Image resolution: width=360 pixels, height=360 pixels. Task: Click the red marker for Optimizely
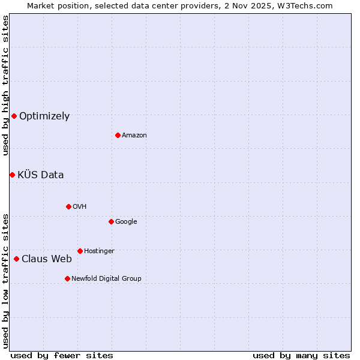(14, 116)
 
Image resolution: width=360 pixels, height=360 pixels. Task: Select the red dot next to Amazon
(118, 135)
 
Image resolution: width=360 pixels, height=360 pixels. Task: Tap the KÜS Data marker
(12, 175)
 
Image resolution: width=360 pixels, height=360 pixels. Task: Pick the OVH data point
(68, 206)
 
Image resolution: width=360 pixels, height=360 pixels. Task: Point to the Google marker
(111, 221)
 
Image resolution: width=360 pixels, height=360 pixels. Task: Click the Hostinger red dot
(80, 251)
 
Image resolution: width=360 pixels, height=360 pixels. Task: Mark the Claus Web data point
(16, 259)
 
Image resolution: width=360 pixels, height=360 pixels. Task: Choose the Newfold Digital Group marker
(67, 278)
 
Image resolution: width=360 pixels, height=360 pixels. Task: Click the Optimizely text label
(44, 116)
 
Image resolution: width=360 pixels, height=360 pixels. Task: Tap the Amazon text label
(134, 136)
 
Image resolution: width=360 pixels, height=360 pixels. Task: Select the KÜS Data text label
(40, 175)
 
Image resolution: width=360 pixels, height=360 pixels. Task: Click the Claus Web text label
(47, 259)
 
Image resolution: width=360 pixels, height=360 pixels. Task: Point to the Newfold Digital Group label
(106, 278)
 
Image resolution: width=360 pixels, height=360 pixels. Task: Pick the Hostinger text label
(99, 251)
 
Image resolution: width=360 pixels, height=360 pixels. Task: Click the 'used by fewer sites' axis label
(62, 355)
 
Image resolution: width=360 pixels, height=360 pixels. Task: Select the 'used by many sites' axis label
(301, 355)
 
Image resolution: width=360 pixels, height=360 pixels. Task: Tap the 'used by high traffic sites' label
(5, 85)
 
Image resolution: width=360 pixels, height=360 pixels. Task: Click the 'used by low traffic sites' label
(5, 280)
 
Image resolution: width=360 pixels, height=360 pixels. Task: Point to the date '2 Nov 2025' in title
(243, 5)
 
